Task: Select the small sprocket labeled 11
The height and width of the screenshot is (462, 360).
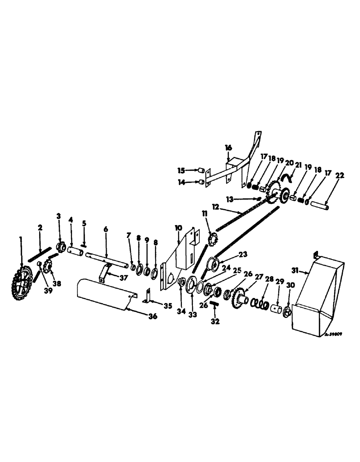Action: (x=213, y=240)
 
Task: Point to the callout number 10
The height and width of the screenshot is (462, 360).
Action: (x=178, y=229)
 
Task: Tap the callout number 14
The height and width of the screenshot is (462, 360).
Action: (x=181, y=182)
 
